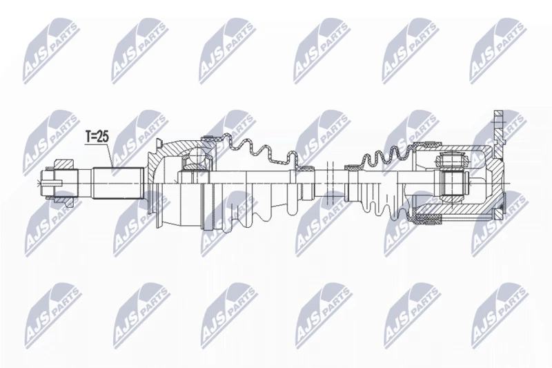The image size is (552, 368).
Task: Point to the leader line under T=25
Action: (x=110, y=154)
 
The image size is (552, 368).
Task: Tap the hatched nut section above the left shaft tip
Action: (x=63, y=165)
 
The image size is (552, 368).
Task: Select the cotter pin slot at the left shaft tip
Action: (x=51, y=183)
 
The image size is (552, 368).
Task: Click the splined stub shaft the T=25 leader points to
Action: (x=118, y=183)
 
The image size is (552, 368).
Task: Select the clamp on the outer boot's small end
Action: (x=304, y=167)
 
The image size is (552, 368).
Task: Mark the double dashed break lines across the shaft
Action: (x=330, y=184)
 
